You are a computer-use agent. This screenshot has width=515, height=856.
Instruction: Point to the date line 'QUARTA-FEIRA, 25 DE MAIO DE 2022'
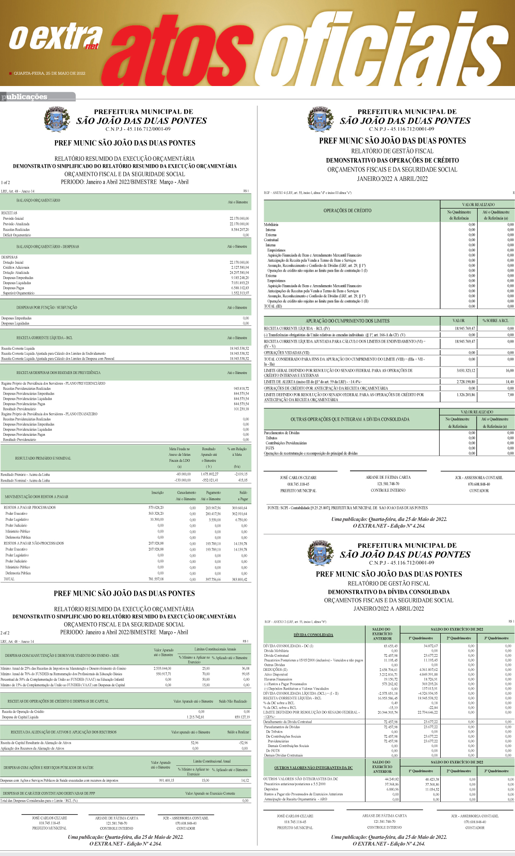[50, 73]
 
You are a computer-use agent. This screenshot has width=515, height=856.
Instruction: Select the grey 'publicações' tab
[26, 97]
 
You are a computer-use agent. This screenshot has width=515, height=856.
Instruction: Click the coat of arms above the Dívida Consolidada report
[320, 553]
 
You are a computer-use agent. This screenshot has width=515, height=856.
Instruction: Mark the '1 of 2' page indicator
[6, 182]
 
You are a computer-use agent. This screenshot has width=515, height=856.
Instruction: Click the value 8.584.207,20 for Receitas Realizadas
[240, 230]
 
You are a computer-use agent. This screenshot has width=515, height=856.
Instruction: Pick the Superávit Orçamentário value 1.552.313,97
[240, 293]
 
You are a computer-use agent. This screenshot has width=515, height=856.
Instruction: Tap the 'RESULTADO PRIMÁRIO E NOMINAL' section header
[43, 458]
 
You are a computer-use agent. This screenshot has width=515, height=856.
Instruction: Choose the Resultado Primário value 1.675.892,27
[209, 474]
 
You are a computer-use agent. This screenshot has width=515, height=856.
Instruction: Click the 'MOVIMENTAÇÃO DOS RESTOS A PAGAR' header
[36, 496]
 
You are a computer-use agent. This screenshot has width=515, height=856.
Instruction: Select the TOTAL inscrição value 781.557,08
[156, 579]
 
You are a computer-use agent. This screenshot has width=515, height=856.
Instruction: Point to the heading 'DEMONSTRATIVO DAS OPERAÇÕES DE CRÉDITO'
[393, 160]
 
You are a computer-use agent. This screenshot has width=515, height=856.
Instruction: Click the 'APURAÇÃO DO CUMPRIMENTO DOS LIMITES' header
[347, 321]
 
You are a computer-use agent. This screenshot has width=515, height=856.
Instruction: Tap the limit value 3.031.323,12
[465, 371]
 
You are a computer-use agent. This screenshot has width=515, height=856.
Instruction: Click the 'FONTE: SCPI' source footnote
[347, 508]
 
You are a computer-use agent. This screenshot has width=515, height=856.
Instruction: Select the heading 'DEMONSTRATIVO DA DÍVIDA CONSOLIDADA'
[389, 592]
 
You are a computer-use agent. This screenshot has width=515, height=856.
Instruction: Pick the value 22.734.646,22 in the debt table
[428, 712]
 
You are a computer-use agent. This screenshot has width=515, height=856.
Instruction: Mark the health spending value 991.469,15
[166, 780]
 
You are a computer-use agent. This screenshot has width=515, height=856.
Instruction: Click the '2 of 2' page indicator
[5, 633]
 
